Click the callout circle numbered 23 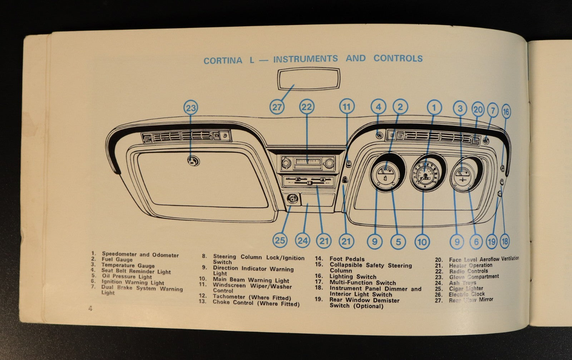pos(191,108)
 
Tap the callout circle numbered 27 pos(277,107)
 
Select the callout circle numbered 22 pos(307,107)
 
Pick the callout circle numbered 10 pos(422,242)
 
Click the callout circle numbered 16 pos(506,112)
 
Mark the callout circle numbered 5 pos(398,242)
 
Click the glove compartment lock pos(193,161)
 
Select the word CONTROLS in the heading pos(398,58)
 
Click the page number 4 pos(90,308)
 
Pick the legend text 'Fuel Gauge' pos(117,260)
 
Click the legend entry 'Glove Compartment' pos(474,277)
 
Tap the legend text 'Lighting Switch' pos(352,277)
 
